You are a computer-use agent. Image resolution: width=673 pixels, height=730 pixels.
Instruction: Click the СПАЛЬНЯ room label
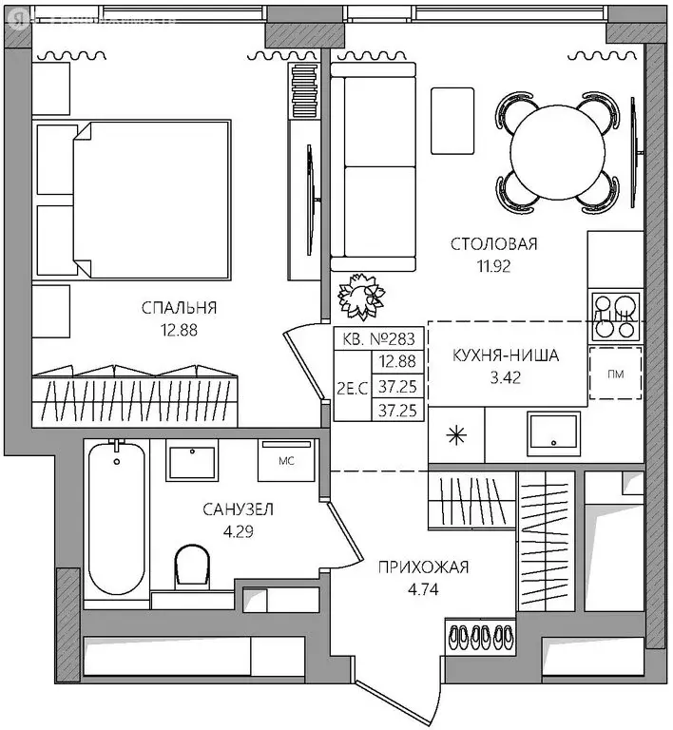(180, 307)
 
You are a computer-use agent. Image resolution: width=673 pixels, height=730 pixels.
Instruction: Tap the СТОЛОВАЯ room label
(493, 244)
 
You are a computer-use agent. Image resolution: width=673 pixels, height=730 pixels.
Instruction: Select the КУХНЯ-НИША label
(506, 356)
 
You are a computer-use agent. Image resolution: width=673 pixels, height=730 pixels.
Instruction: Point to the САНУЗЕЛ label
(238, 509)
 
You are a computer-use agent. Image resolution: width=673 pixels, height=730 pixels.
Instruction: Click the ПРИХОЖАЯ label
(423, 567)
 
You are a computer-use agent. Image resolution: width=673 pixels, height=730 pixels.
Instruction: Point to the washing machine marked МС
(284, 462)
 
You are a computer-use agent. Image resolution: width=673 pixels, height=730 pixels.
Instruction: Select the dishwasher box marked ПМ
(614, 373)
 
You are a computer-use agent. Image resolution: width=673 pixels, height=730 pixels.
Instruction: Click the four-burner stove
(615, 317)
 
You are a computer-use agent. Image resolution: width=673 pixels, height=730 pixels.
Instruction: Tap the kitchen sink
(553, 434)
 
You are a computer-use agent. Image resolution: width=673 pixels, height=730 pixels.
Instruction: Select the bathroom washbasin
(196, 462)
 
